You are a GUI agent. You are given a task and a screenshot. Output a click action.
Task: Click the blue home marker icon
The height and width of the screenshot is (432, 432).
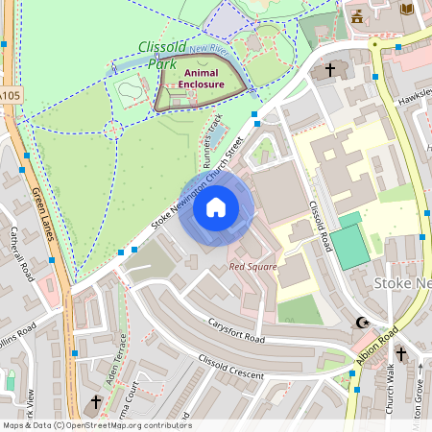click(x=216, y=207)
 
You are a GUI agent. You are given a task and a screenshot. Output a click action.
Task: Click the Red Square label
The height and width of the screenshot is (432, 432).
click(x=252, y=267)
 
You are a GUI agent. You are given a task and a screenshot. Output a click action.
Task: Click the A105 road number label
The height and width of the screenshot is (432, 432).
click(x=9, y=96)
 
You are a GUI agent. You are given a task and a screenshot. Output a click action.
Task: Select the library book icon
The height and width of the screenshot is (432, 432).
click(x=406, y=9)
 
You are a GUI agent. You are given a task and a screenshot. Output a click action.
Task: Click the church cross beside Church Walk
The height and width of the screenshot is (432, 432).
click(x=400, y=355)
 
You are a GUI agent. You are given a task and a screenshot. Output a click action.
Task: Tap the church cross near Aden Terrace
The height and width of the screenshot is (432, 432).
click(x=96, y=402)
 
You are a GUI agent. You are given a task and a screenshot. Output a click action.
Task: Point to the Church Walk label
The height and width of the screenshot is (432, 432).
click(x=391, y=389)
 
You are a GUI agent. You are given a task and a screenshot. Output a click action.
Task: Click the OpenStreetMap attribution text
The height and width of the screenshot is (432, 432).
click(x=96, y=425)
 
